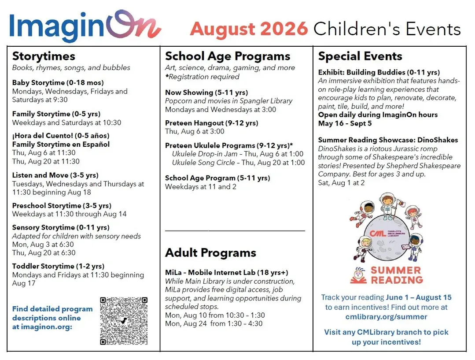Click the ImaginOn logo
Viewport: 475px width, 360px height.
pyautogui.click(x=85, y=26)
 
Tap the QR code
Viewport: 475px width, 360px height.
pyautogui.click(x=124, y=321)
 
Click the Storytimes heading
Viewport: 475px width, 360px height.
pyautogui.click(x=44, y=56)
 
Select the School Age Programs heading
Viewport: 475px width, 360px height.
pyautogui.click(x=228, y=56)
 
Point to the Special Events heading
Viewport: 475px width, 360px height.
pyautogui.click(x=360, y=56)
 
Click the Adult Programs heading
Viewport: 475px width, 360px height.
pyautogui.click(x=210, y=252)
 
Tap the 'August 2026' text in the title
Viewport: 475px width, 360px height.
pyautogui.click(x=249, y=29)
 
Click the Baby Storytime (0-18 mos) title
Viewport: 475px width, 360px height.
pyautogui.click(x=58, y=82)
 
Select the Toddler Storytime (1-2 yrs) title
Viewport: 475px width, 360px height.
pyautogui.click(x=58, y=266)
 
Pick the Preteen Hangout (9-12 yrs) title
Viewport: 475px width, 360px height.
pyautogui.click(x=211, y=123)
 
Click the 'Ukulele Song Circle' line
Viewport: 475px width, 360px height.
pyautogui.click(x=239, y=163)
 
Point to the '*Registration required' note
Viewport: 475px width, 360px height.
pyautogui.click(x=202, y=77)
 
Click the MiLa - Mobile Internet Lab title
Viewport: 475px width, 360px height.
pyautogui.click(x=227, y=272)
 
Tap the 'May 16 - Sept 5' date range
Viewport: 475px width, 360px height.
pyautogui.click(x=345, y=123)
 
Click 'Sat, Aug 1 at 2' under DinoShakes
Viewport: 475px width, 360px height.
pyautogui.click(x=341, y=182)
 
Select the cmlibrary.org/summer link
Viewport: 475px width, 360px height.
pyautogui.click(x=386, y=317)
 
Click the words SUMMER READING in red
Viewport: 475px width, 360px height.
pyautogui.click(x=397, y=275)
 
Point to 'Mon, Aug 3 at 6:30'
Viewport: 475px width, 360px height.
pyautogui.click(x=43, y=244)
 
